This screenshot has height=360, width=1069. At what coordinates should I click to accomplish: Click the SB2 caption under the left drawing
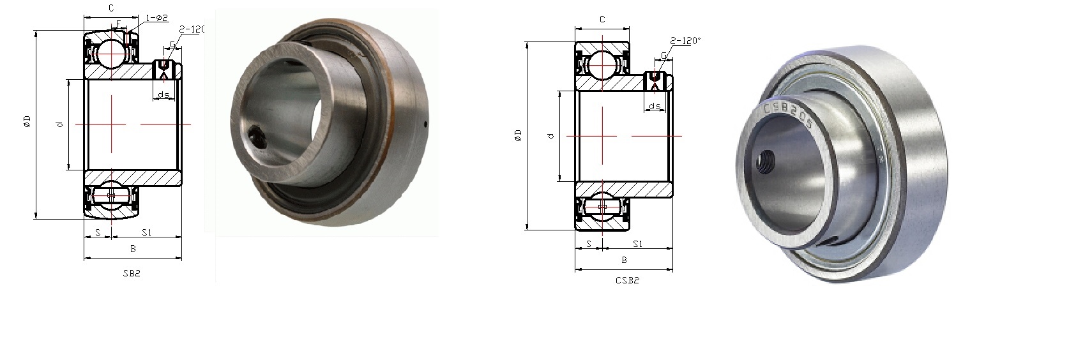click(131, 273)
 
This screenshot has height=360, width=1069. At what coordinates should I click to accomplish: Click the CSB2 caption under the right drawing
click(627, 280)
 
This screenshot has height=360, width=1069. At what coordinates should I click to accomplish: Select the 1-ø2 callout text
click(157, 19)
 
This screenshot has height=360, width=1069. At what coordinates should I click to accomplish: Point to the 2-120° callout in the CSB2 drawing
click(686, 40)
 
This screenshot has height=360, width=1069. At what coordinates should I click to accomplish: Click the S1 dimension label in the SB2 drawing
click(146, 232)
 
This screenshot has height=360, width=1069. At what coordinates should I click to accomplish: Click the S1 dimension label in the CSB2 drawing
click(637, 244)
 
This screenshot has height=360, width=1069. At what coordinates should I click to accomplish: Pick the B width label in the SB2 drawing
click(133, 249)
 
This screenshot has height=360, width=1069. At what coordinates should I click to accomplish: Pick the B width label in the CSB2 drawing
click(624, 260)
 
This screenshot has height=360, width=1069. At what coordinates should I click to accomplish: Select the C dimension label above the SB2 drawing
click(111, 8)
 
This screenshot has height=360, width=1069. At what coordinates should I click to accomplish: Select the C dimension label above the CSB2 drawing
click(602, 20)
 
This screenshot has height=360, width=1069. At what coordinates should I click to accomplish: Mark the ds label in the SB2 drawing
click(163, 95)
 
